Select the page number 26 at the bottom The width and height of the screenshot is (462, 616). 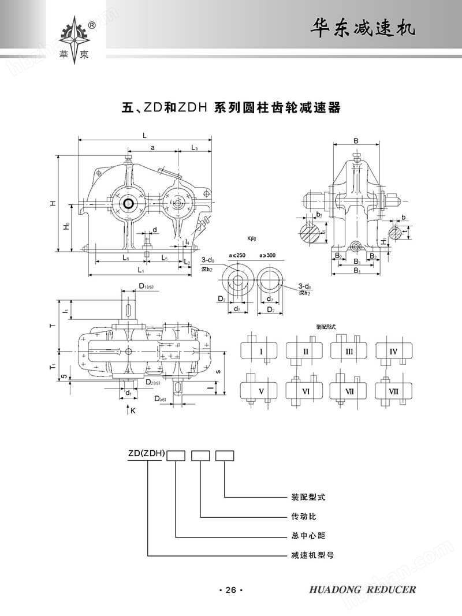click(231, 589)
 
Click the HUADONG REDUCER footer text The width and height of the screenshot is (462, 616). click(363, 589)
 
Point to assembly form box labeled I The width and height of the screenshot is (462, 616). click(261, 351)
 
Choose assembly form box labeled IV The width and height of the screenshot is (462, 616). click(394, 351)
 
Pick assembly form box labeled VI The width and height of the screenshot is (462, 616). click(305, 391)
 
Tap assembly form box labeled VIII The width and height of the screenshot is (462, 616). click(394, 391)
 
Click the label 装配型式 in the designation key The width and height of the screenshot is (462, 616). click(309, 496)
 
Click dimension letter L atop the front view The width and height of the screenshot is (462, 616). click(144, 135)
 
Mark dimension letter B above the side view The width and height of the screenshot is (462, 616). click(356, 140)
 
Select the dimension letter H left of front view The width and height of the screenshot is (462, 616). click(52, 203)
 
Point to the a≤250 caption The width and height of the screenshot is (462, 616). click(238, 255)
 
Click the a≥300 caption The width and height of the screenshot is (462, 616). click(269, 255)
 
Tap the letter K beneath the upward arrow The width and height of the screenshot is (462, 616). click(132, 411)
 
